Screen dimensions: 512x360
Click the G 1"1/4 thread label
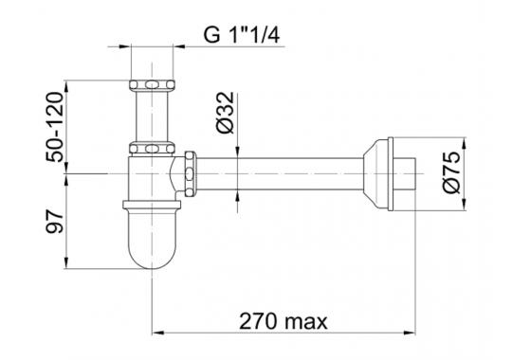[242, 35]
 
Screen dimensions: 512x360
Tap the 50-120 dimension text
[54, 127]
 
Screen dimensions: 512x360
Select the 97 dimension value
[54, 222]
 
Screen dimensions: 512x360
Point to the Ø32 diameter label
[226, 113]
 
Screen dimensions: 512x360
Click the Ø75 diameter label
[451, 172]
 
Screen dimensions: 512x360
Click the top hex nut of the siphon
[152, 85]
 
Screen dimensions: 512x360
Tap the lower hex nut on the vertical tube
[152, 148]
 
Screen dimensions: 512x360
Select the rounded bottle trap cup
[152, 238]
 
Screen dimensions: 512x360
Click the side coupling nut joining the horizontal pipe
[190, 174]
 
